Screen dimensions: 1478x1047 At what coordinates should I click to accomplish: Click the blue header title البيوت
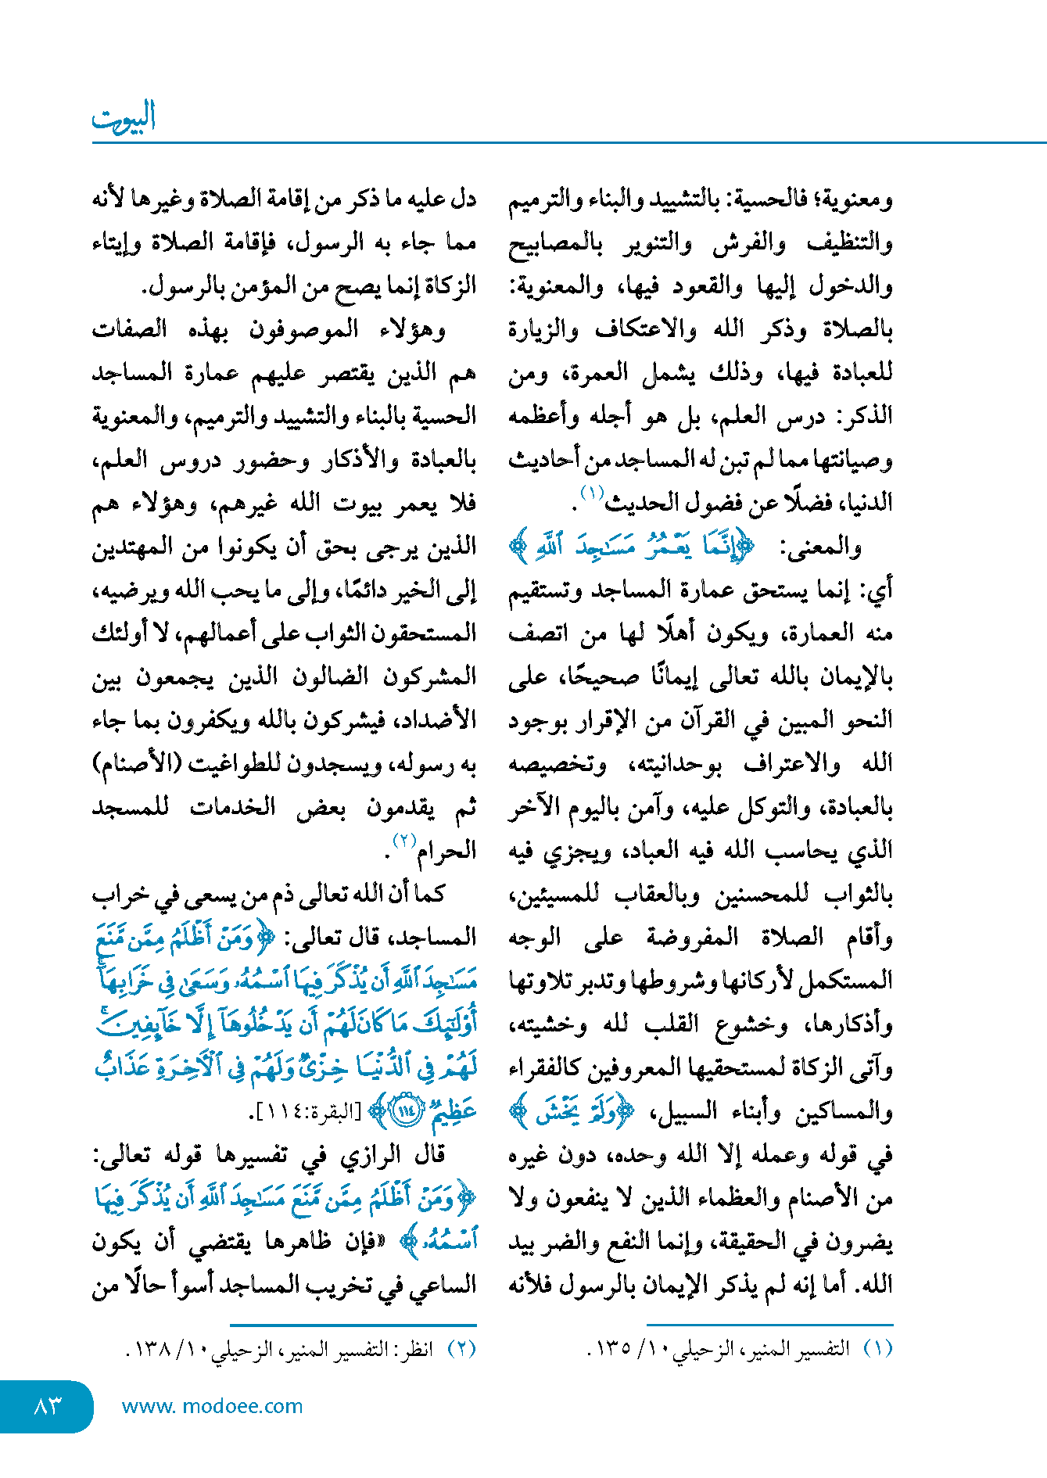tap(124, 117)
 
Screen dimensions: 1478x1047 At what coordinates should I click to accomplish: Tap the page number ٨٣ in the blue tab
tap(47, 1405)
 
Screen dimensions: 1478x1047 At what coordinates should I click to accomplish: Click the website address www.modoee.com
tap(212, 1405)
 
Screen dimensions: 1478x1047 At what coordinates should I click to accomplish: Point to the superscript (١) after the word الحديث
tap(592, 493)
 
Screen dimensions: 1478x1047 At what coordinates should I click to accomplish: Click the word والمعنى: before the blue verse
tap(820, 547)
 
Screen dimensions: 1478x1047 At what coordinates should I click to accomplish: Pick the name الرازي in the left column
tap(371, 1154)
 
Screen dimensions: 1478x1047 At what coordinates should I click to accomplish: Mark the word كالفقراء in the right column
tap(547, 1067)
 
